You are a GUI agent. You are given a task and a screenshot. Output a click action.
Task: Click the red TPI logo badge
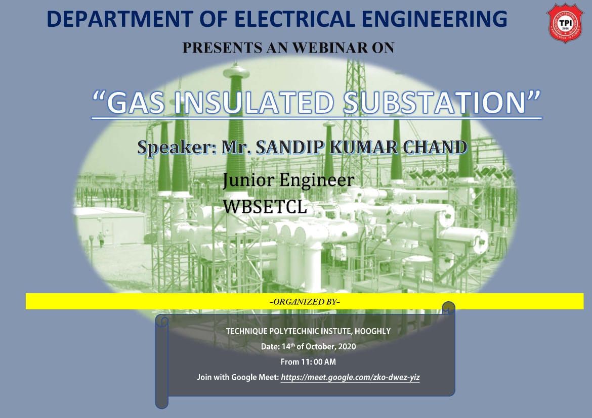coord(565,23)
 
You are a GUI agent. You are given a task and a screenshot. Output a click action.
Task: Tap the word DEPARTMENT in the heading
coord(120,19)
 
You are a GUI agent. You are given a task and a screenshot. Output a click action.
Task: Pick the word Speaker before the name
coord(176,147)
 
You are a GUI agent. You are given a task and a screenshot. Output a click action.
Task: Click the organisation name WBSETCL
coord(265,207)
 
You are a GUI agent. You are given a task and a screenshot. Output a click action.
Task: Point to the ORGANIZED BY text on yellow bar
coord(305,302)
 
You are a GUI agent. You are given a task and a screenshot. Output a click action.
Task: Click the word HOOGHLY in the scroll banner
coord(372,331)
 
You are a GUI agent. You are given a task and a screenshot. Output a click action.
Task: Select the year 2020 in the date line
coord(347,347)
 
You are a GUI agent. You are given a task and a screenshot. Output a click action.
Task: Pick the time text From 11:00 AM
coord(308,362)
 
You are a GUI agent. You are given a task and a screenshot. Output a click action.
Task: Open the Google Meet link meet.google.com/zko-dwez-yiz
coord(350,377)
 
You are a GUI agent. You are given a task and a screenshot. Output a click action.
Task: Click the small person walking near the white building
coord(101,239)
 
